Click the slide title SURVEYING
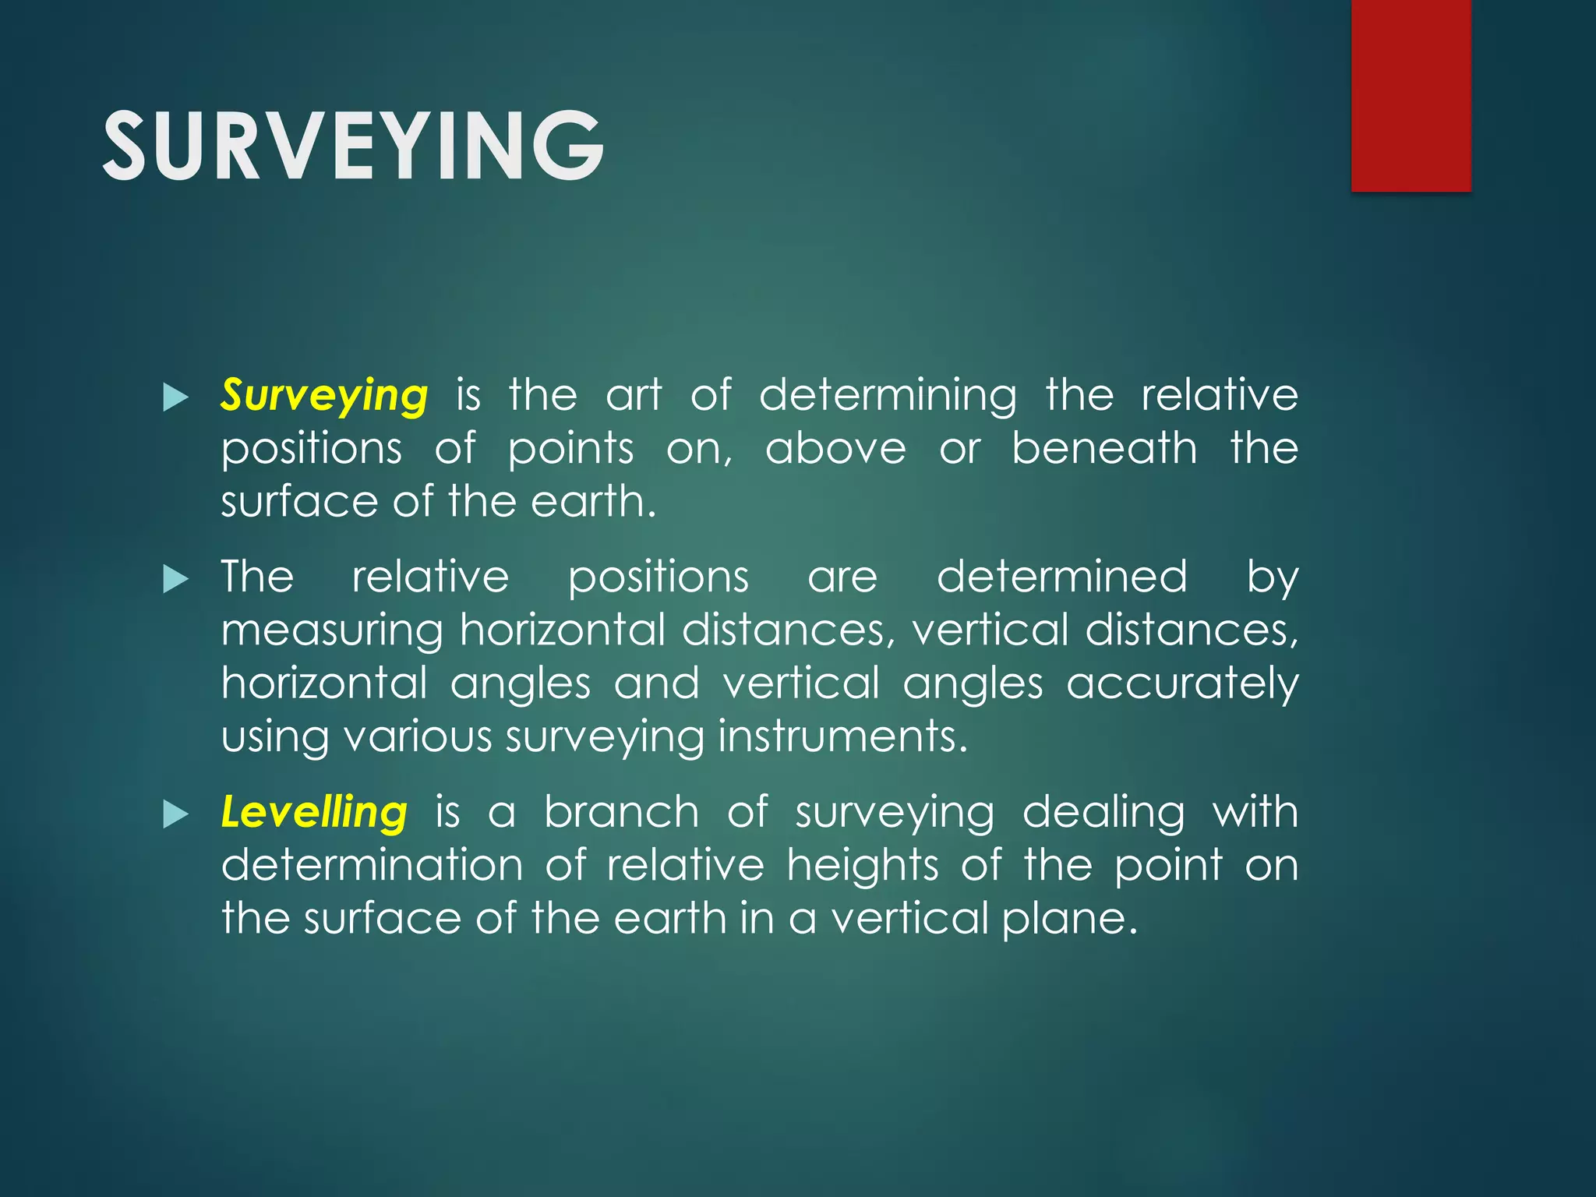tap(352, 147)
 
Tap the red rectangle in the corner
tap(1411, 95)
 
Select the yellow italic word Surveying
tap(324, 395)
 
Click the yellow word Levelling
tap(314, 812)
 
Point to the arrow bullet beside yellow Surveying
tap(176, 397)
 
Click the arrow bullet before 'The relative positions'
tap(176, 579)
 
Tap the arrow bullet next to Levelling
tap(176, 815)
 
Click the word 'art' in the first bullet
tap(634, 395)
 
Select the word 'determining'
tap(888, 395)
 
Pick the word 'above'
tap(835, 448)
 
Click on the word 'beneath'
tap(1104, 448)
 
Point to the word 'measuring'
tap(332, 630)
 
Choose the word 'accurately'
tap(1182, 683)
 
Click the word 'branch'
tap(621, 812)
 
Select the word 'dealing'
tap(1103, 812)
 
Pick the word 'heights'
tap(863, 865)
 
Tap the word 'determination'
tap(372, 865)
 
